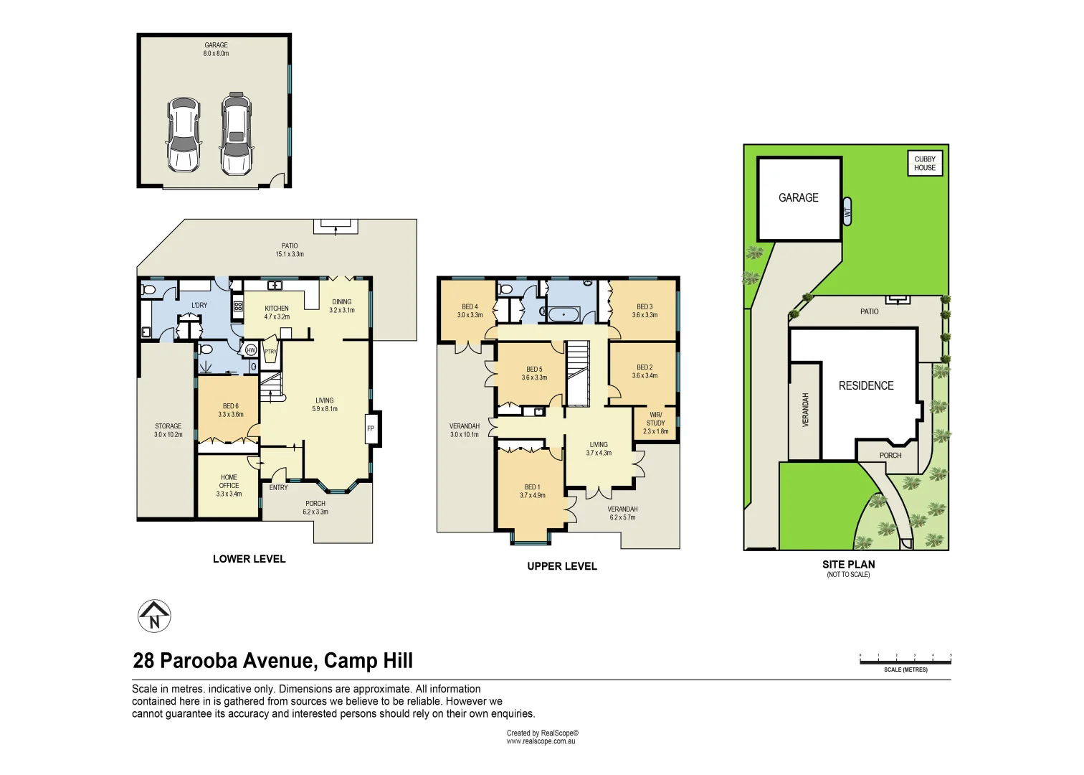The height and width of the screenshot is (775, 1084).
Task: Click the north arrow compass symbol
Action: tap(154, 616)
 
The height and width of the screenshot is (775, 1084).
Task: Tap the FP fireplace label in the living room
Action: tap(371, 428)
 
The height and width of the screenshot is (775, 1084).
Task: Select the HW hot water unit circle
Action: tap(251, 350)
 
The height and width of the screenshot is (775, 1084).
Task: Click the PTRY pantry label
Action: tap(270, 352)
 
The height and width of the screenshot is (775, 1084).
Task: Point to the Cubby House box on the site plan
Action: tap(925, 163)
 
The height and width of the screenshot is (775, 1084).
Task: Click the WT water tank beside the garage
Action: tap(847, 211)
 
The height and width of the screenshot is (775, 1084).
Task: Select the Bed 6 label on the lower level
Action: tap(231, 410)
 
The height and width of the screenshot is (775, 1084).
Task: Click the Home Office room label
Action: tap(229, 485)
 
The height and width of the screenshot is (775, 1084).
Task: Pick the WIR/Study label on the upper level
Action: tap(656, 423)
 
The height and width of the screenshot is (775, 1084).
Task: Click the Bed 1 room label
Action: tap(532, 491)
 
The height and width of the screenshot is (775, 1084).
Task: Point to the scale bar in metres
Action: tap(905, 661)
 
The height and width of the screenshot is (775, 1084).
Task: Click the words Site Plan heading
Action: tap(848, 564)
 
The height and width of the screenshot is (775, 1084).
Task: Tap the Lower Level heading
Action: tap(249, 558)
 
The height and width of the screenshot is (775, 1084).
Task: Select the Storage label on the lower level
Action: tap(168, 430)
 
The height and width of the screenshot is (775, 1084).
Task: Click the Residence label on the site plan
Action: tap(866, 385)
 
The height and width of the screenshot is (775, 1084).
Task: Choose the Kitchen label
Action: tap(277, 312)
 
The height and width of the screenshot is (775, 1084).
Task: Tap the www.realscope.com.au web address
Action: tap(541, 741)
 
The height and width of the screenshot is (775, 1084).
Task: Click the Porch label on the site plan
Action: tap(890, 455)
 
